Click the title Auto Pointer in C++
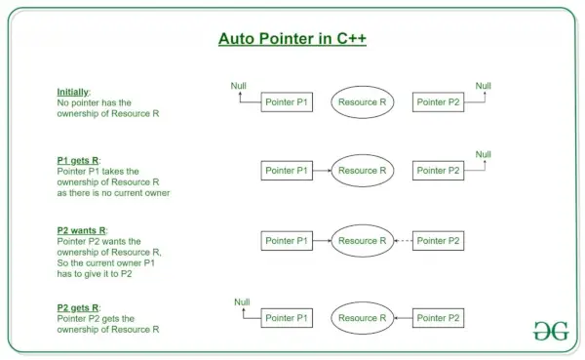tap(292, 39)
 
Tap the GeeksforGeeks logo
tap(551, 331)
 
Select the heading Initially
tap(73, 93)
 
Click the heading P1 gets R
tap(78, 161)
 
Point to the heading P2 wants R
tap(81, 230)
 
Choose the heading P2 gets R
tap(78, 307)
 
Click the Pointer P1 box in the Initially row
tap(287, 101)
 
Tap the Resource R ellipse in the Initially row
tap(363, 101)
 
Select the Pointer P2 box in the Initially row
tap(438, 101)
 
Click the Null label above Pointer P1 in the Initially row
tap(239, 86)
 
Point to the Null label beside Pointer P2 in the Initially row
tap(484, 86)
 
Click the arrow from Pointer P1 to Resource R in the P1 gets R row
tap(322, 171)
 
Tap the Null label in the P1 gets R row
tap(484, 154)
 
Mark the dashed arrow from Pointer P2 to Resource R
tap(404, 241)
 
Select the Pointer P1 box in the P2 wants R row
tap(287, 241)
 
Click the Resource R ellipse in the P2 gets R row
tap(363, 318)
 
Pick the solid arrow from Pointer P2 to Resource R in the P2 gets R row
tap(404, 318)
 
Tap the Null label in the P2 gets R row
tap(242, 302)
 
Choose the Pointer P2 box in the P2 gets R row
tap(438, 318)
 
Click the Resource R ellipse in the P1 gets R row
tap(363, 171)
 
